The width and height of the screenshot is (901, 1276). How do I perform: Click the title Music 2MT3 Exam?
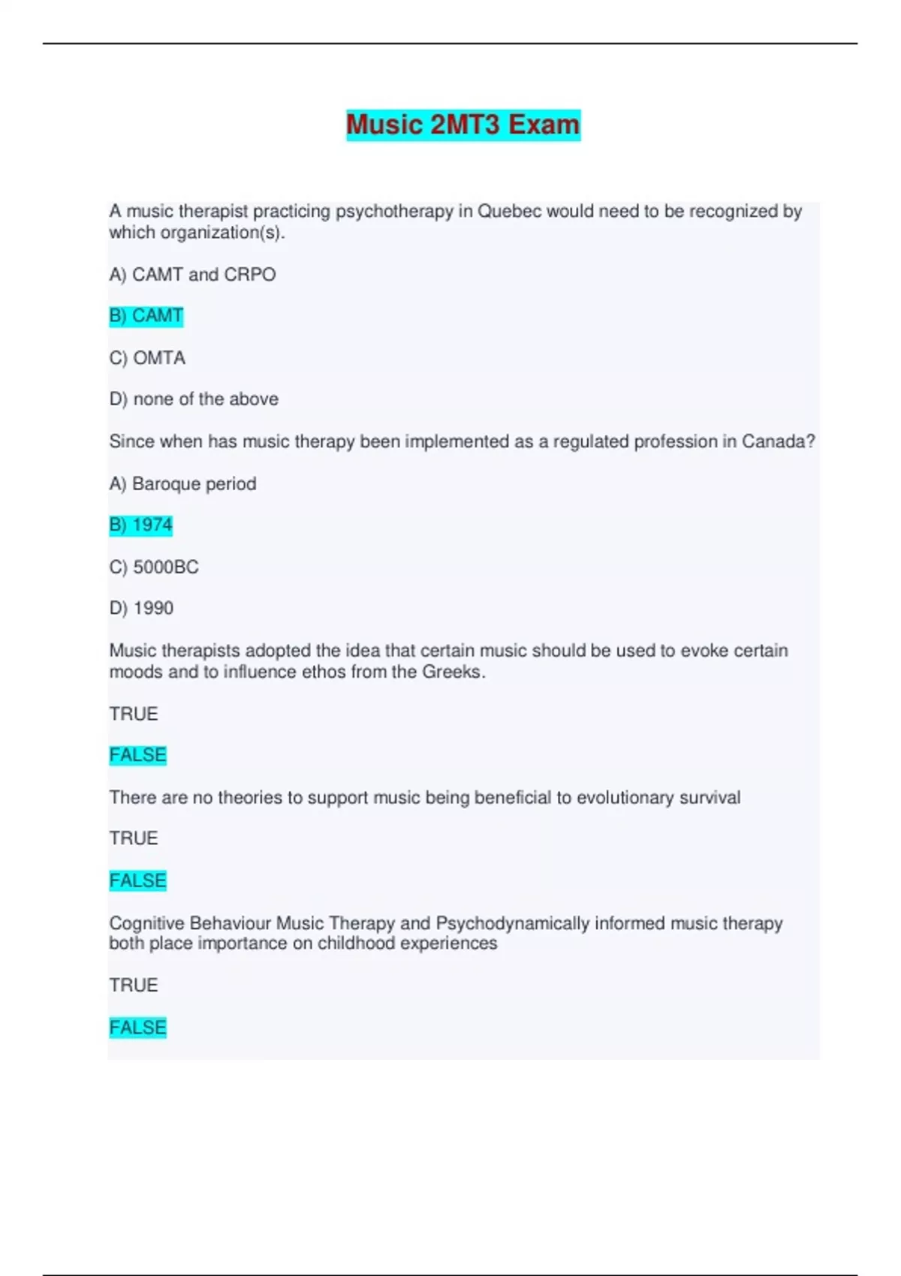(x=463, y=125)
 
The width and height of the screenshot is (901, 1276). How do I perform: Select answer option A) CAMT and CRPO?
(x=192, y=275)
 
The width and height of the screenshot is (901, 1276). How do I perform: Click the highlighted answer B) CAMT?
(x=146, y=316)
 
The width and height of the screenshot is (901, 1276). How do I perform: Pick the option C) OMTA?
(x=147, y=358)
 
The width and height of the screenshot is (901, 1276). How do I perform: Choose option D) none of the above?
(x=194, y=399)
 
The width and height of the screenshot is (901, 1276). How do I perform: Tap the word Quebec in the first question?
(x=509, y=212)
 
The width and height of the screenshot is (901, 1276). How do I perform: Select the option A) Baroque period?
(x=182, y=484)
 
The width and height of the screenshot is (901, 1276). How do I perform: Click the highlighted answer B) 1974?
(x=140, y=525)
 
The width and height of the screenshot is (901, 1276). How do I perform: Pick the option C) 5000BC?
(x=154, y=567)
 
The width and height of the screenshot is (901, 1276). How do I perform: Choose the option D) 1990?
(x=141, y=608)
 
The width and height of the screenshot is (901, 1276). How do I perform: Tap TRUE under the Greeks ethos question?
(x=134, y=714)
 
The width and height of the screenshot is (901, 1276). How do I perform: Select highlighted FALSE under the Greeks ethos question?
(x=137, y=755)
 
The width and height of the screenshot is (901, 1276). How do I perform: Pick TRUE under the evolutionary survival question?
(x=134, y=838)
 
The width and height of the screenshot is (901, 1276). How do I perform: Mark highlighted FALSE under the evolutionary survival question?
(x=137, y=880)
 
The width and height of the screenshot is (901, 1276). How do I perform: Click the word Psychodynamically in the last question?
(x=512, y=923)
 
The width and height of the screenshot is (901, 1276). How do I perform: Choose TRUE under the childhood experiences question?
(x=134, y=986)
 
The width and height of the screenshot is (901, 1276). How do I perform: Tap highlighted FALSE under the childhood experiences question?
(x=137, y=1028)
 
